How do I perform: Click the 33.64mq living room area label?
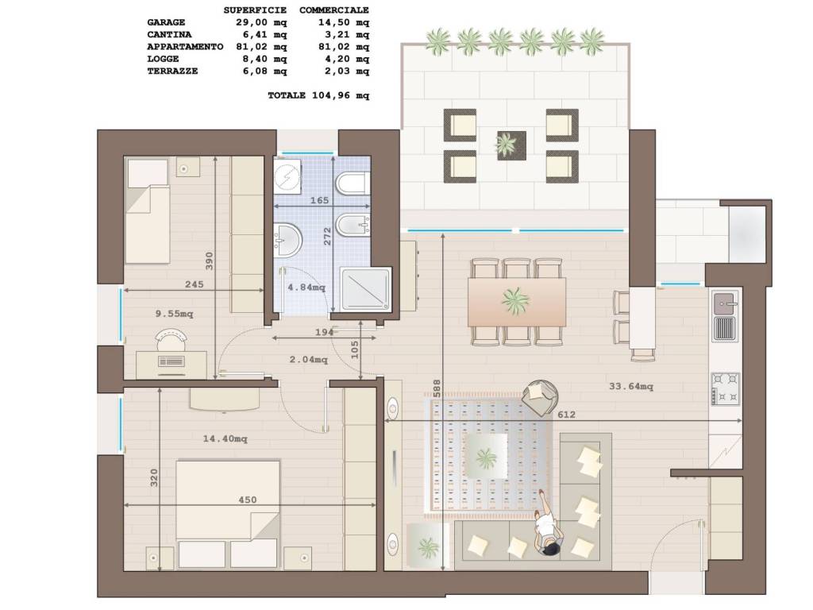click(x=631, y=386)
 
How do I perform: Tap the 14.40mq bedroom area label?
click(x=225, y=438)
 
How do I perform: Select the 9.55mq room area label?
click(x=174, y=314)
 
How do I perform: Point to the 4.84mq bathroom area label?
click(x=306, y=287)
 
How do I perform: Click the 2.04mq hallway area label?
click(x=309, y=359)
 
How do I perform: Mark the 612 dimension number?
click(x=566, y=415)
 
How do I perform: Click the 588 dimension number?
click(x=437, y=388)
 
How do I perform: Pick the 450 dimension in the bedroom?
click(x=248, y=500)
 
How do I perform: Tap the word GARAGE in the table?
click(x=166, y=22)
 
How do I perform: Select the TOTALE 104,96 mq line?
click(x=318, y=95)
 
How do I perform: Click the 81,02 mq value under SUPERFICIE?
click(x=264, y=47)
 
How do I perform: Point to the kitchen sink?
click(x=725, y=316)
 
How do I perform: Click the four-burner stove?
click(x=726, y=388)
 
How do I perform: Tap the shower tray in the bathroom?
click(x=365, y=289)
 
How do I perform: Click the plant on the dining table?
click(x=515, y=299)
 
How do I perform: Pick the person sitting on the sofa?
click(x=548, y=525)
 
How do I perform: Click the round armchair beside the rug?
click(x=540, y=397)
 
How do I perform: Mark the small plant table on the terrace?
click(x=512, y=145)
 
